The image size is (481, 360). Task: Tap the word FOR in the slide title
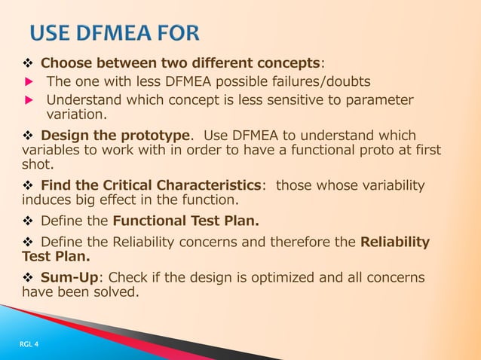click(x=176, y=35)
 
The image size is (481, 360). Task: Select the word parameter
click(x=378, y=101)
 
